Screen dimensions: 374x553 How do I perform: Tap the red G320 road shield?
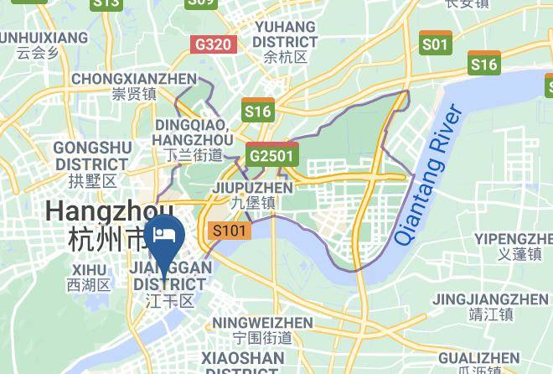[x=212, y=44]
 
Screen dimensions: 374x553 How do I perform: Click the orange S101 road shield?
[x=230, y=231]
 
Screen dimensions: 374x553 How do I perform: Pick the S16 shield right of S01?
[x=484, y=64]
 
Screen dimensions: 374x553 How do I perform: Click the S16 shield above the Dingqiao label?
[x=257, y=111]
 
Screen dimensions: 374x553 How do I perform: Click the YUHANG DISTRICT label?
[x=285, y=34]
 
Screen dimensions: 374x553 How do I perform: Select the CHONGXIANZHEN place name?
[x=134, y=79]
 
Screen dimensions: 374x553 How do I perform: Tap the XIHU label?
[x=90, y=270]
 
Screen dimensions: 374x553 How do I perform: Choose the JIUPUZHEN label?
[x=253, y=187]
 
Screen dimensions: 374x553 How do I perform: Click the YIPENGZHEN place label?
[x=513, y=238]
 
